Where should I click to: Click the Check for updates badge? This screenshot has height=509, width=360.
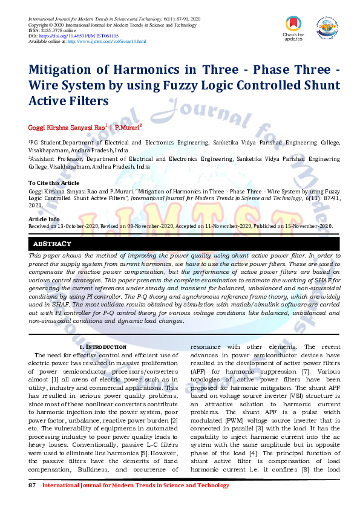(x=293, y=28)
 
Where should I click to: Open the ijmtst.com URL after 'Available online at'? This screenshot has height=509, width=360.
(x=106, y=41)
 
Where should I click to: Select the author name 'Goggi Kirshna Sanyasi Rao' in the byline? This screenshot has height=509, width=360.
(x=67, y=128)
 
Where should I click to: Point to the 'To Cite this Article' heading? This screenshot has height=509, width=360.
(x=54, y=183)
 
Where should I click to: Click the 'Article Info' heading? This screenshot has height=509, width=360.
(x=44, y=219)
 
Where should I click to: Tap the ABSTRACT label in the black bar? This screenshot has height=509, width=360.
(x=52, y=244)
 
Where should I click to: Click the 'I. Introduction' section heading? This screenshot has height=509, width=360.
(x=103, y=347)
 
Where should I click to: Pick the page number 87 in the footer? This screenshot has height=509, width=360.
(x=33, y=485)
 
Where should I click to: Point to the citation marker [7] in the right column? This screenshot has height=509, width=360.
(x=307, y=371)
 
